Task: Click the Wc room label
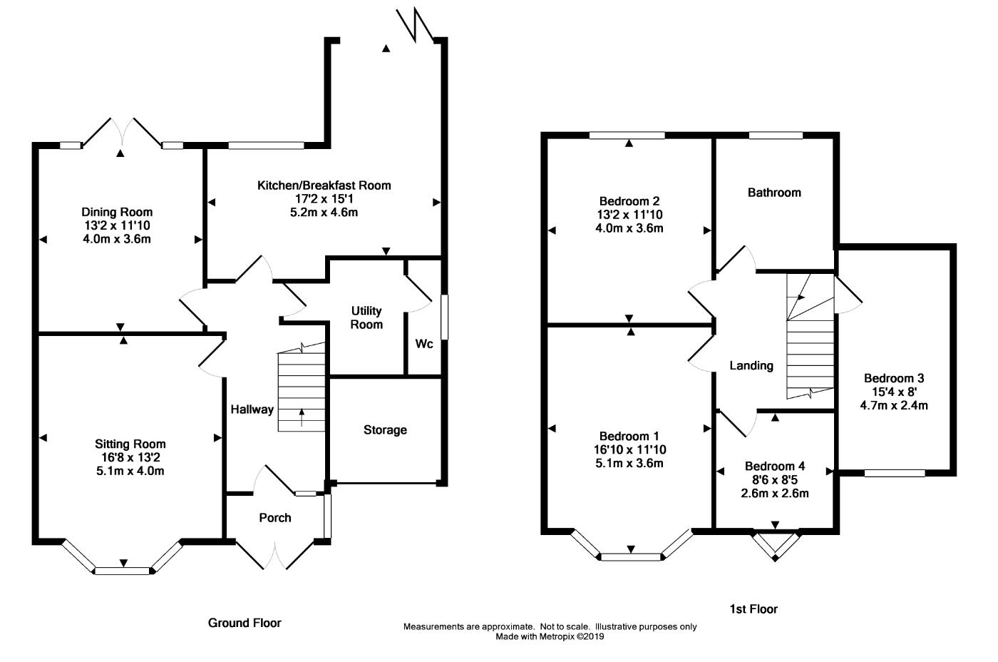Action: coord(424,344)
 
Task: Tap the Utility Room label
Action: coord(366,317)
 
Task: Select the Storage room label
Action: coord(385,429)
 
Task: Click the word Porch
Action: coord(275,518)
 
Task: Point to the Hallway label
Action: coord(252,409)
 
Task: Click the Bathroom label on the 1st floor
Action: coord(774,193)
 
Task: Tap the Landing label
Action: coord(751,365)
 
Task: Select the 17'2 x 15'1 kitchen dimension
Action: coord(324,199)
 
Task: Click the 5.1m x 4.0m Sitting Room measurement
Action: coord(130,471)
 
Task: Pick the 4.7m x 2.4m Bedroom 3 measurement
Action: coord(894,405)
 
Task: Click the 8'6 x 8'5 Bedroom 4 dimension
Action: coord(775,479)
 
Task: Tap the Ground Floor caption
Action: coord(245,623)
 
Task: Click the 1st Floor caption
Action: coord(753,609)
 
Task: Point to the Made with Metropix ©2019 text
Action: coord(550,636)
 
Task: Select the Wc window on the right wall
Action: coord(444,317)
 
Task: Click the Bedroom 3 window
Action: coord(895,473)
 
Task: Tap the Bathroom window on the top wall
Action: coord(776,135)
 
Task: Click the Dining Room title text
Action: coord(117,212)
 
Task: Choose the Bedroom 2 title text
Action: coord(629,201)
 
